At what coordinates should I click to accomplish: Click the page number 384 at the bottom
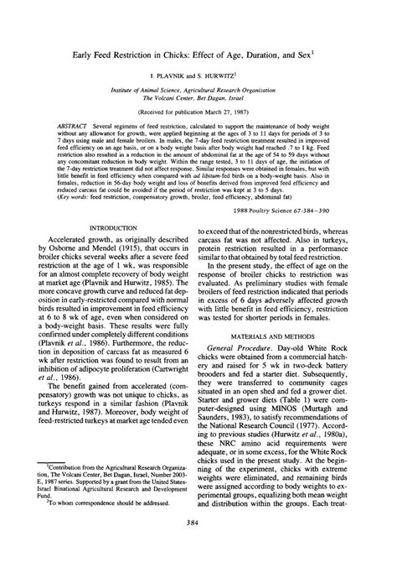click(198, 546)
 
